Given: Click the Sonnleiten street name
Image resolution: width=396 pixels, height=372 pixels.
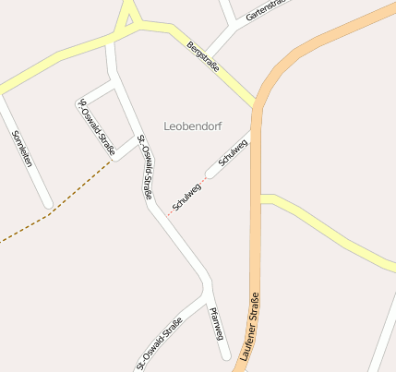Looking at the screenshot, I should tap(22, 148).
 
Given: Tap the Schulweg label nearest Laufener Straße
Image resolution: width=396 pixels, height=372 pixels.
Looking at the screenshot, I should tap(234, 153).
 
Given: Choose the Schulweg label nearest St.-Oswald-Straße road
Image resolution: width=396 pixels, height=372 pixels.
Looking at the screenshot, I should tap(187, 193).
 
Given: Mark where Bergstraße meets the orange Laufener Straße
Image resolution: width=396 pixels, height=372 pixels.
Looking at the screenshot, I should tap(256, 102).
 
